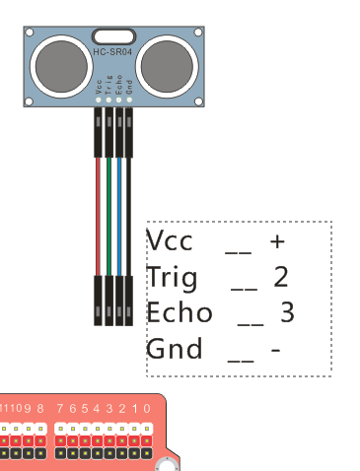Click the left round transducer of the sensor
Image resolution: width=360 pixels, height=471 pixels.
tap(62, 64)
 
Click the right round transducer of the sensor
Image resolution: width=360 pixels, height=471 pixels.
tap(166, 64)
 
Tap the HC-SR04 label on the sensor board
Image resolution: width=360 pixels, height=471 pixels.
tap(113, 52)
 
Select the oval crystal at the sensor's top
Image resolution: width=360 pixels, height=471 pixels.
tap(113, 36)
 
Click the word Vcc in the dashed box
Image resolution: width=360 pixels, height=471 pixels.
tap(170, 241)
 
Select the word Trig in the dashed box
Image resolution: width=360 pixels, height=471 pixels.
tap(172, 277)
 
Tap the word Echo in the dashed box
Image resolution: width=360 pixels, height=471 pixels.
tap(180, 312)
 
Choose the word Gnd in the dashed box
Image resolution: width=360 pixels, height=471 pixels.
tap(175, 348)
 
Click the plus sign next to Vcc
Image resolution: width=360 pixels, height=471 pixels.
tap(277, 241)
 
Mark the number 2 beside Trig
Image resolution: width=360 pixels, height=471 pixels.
tap(281, 277)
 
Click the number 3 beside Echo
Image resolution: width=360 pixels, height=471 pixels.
tap(288, 312)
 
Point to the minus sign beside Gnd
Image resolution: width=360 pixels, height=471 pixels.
tap(276, 349)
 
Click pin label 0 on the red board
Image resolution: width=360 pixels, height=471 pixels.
tap(147, 408)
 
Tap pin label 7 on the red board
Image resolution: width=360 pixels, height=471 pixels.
tap(60, 408)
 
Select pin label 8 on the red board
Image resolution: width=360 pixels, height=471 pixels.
tap(40, 408)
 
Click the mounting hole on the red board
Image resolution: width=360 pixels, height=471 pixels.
tap(169, 461)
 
